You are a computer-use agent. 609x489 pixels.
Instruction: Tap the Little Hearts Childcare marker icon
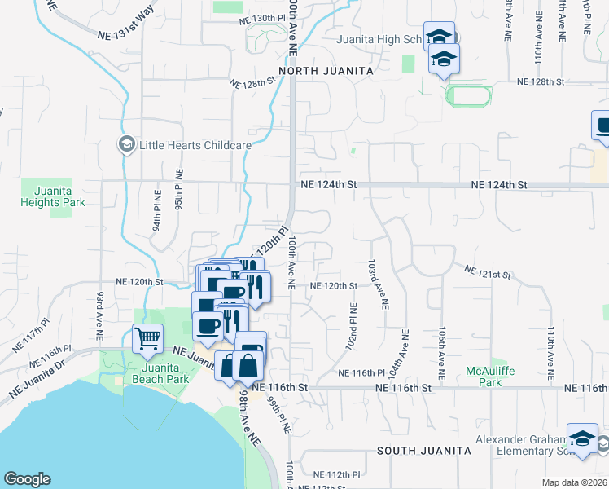tap(126, 145)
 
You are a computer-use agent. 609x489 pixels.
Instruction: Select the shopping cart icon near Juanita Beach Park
tap(147, 337)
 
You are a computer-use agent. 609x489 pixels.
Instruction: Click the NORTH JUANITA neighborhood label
tap(326, 72)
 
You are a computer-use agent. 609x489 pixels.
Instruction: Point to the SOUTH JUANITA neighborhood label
tap(424, 450)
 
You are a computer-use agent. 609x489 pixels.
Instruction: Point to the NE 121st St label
tap(487, 271)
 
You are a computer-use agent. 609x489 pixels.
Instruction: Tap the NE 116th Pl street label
tap(361, 372)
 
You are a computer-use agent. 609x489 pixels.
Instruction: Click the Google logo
tap(27, 479)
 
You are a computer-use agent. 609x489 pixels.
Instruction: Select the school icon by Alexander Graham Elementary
tap(582, 438)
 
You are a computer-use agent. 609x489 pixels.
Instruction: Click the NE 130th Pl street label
tap(261, 18)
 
